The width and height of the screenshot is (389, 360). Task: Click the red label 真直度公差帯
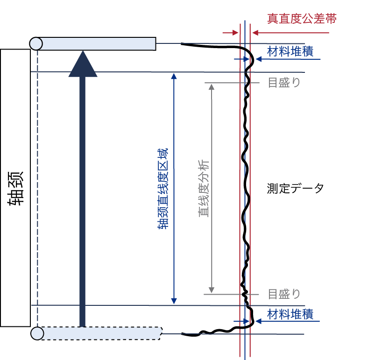[x=302, y=19]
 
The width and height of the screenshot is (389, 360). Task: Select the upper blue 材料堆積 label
[x=290, y=51]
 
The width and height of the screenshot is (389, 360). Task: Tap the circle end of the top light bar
[x=36, y=43]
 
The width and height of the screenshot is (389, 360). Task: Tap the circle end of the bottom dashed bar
[x=37, y=333]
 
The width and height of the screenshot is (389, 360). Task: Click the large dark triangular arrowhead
[x=83, y=66]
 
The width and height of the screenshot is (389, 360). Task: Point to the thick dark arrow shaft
[x=83, y=201]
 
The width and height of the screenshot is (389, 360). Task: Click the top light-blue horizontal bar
[x=98, y=43]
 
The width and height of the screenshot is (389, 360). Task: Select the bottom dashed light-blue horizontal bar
[x=100, y=333]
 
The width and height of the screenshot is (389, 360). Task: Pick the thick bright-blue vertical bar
[x=163, y=219]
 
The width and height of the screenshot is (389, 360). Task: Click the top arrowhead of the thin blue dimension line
[x=174, y=78]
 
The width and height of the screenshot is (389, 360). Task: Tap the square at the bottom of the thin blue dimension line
[x=174, y=301]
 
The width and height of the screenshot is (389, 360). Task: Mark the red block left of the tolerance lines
[x=231, y=37]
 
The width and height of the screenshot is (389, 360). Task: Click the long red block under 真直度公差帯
[x=292, y=37]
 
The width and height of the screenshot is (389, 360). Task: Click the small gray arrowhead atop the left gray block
[x=211, y=86]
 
